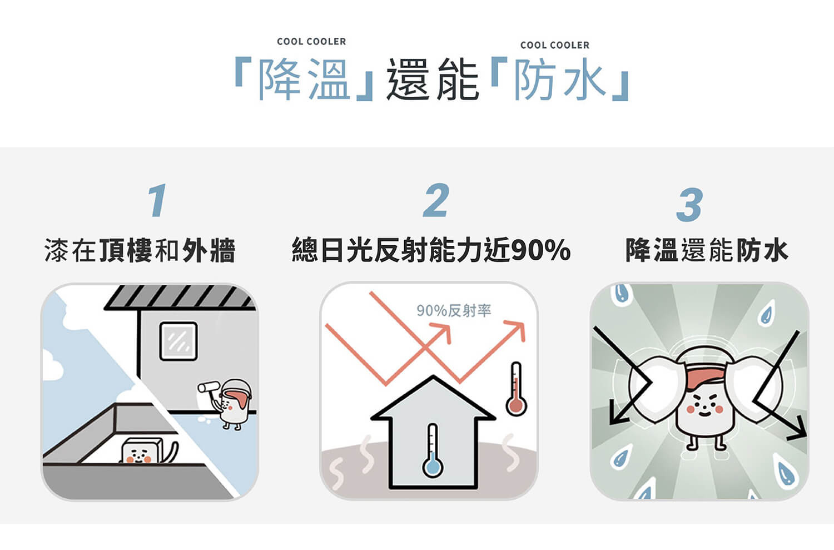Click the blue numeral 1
[157, 200]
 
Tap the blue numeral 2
[436, 200]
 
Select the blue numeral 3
[689, 205]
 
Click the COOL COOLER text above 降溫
[311, 41]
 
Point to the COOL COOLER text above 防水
[555, 45]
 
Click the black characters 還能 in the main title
[433, 80]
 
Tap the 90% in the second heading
[540, 250]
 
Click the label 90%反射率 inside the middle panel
[454, 310]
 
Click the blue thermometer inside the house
[432, 450]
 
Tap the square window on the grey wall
[178, 341]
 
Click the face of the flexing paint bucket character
[704, 404]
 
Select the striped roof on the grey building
[181, 297]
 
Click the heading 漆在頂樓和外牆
[140, 250]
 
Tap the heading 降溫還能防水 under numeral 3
[707, 250]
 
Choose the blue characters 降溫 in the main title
[304, 80]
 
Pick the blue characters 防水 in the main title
[560, 80]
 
